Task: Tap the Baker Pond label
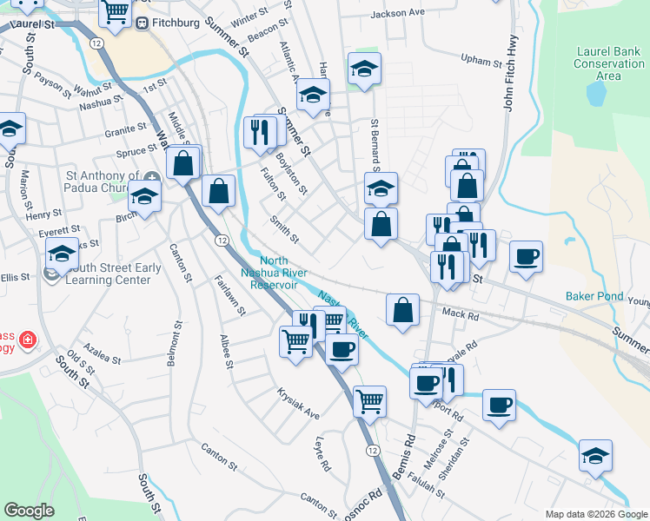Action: [594, 296]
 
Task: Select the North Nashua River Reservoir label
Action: [274, 273]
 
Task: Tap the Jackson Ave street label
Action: [397, 14]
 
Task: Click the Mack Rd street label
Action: [461, 317]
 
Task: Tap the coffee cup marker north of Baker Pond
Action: [526, 257]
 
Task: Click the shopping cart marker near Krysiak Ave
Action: [370, 402]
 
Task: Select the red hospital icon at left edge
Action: [28, 339]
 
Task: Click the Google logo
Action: [29, 511]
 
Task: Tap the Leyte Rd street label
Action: [323, 454]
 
